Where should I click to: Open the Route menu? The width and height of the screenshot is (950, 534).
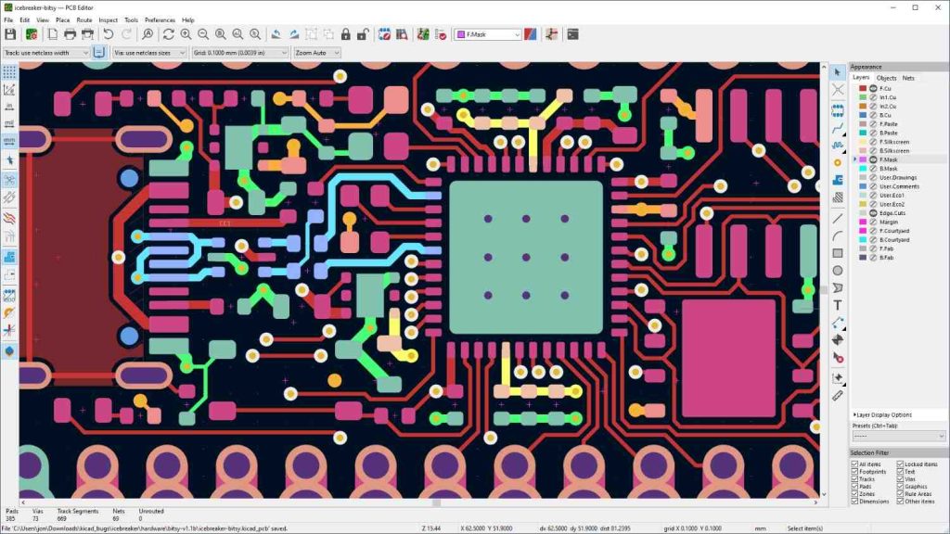[84, 19]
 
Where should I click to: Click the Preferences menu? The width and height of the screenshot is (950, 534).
[160, 19]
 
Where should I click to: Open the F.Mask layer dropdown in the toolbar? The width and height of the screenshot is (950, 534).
[487, 34]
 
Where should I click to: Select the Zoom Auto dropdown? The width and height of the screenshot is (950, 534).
[315, 53]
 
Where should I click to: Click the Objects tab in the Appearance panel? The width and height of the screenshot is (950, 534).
[886, 78]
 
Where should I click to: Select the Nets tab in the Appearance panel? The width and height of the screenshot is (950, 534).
[908, 78]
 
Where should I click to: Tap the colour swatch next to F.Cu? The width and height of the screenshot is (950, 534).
[862, 89]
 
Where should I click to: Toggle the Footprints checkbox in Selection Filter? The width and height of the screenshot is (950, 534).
[855, 472]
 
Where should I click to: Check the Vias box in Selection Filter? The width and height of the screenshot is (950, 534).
[900, 478]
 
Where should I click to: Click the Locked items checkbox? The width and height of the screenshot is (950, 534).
[900, 464]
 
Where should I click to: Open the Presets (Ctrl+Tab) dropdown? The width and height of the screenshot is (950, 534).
[897, 436]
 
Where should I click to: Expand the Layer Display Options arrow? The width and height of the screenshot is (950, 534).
[854, 415]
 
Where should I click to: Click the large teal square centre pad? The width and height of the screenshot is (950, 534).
[525, 257]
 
